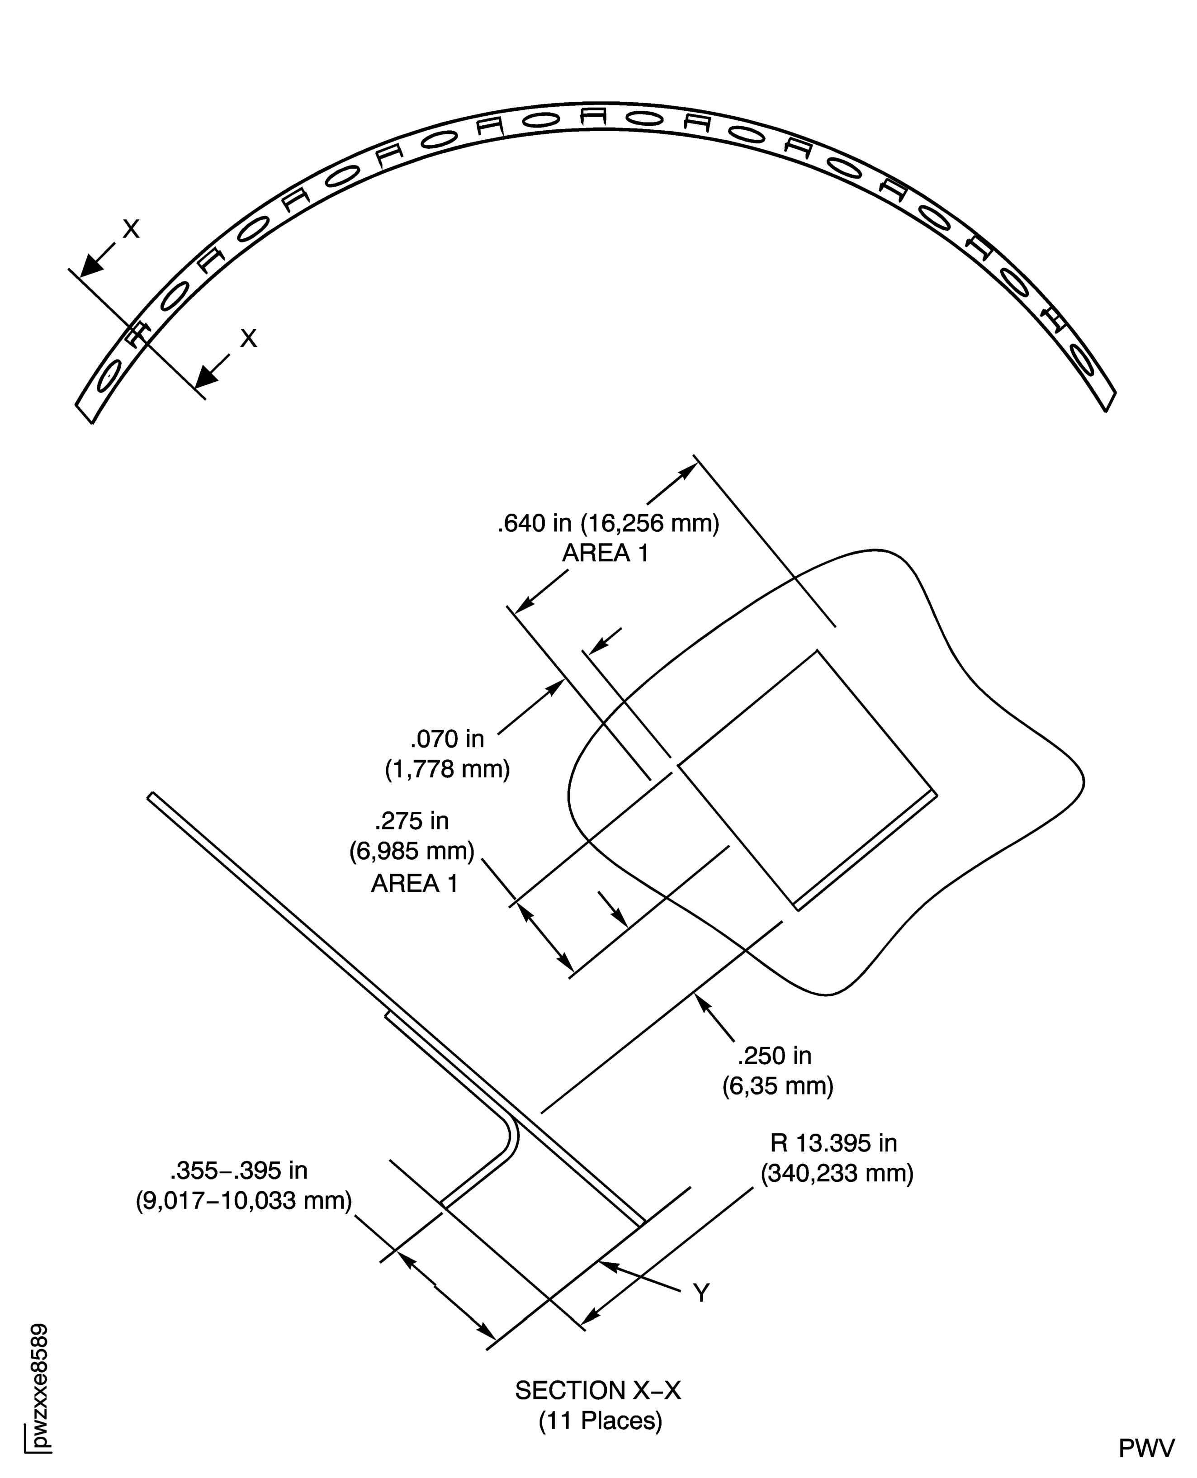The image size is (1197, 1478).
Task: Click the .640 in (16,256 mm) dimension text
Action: coord(608,523)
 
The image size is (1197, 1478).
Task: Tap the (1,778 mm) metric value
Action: coord(448,768)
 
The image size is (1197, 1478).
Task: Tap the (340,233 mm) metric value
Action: coord(837,1173)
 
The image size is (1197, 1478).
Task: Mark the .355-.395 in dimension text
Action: coord(239,1170)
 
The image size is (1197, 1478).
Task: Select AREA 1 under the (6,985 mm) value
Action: coord(414,883)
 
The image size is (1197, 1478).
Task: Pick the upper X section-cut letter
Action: coord(131,229)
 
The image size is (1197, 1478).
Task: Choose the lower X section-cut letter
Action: coord(248,338)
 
